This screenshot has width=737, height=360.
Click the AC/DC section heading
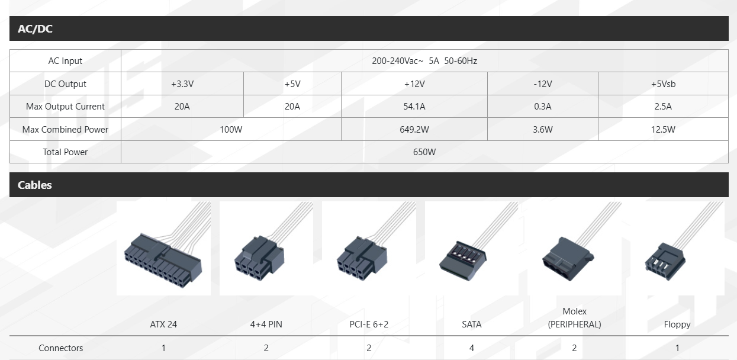(x=35, y=28)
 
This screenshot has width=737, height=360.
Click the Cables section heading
(x=34, y=185)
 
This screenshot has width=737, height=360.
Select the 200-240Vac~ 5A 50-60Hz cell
(x=424, y=61)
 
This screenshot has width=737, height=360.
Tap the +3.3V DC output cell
(x=182, y=84)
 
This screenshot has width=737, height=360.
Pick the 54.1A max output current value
(x=414, y=107)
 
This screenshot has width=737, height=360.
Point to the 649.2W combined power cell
(x=414, y=129)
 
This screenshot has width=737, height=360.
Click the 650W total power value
(x=424, y=152)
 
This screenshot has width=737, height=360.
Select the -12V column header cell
(x=543, y=84)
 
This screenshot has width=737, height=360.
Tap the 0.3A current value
(x=543, y=107)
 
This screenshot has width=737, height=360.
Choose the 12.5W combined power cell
(x=663, y=129)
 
